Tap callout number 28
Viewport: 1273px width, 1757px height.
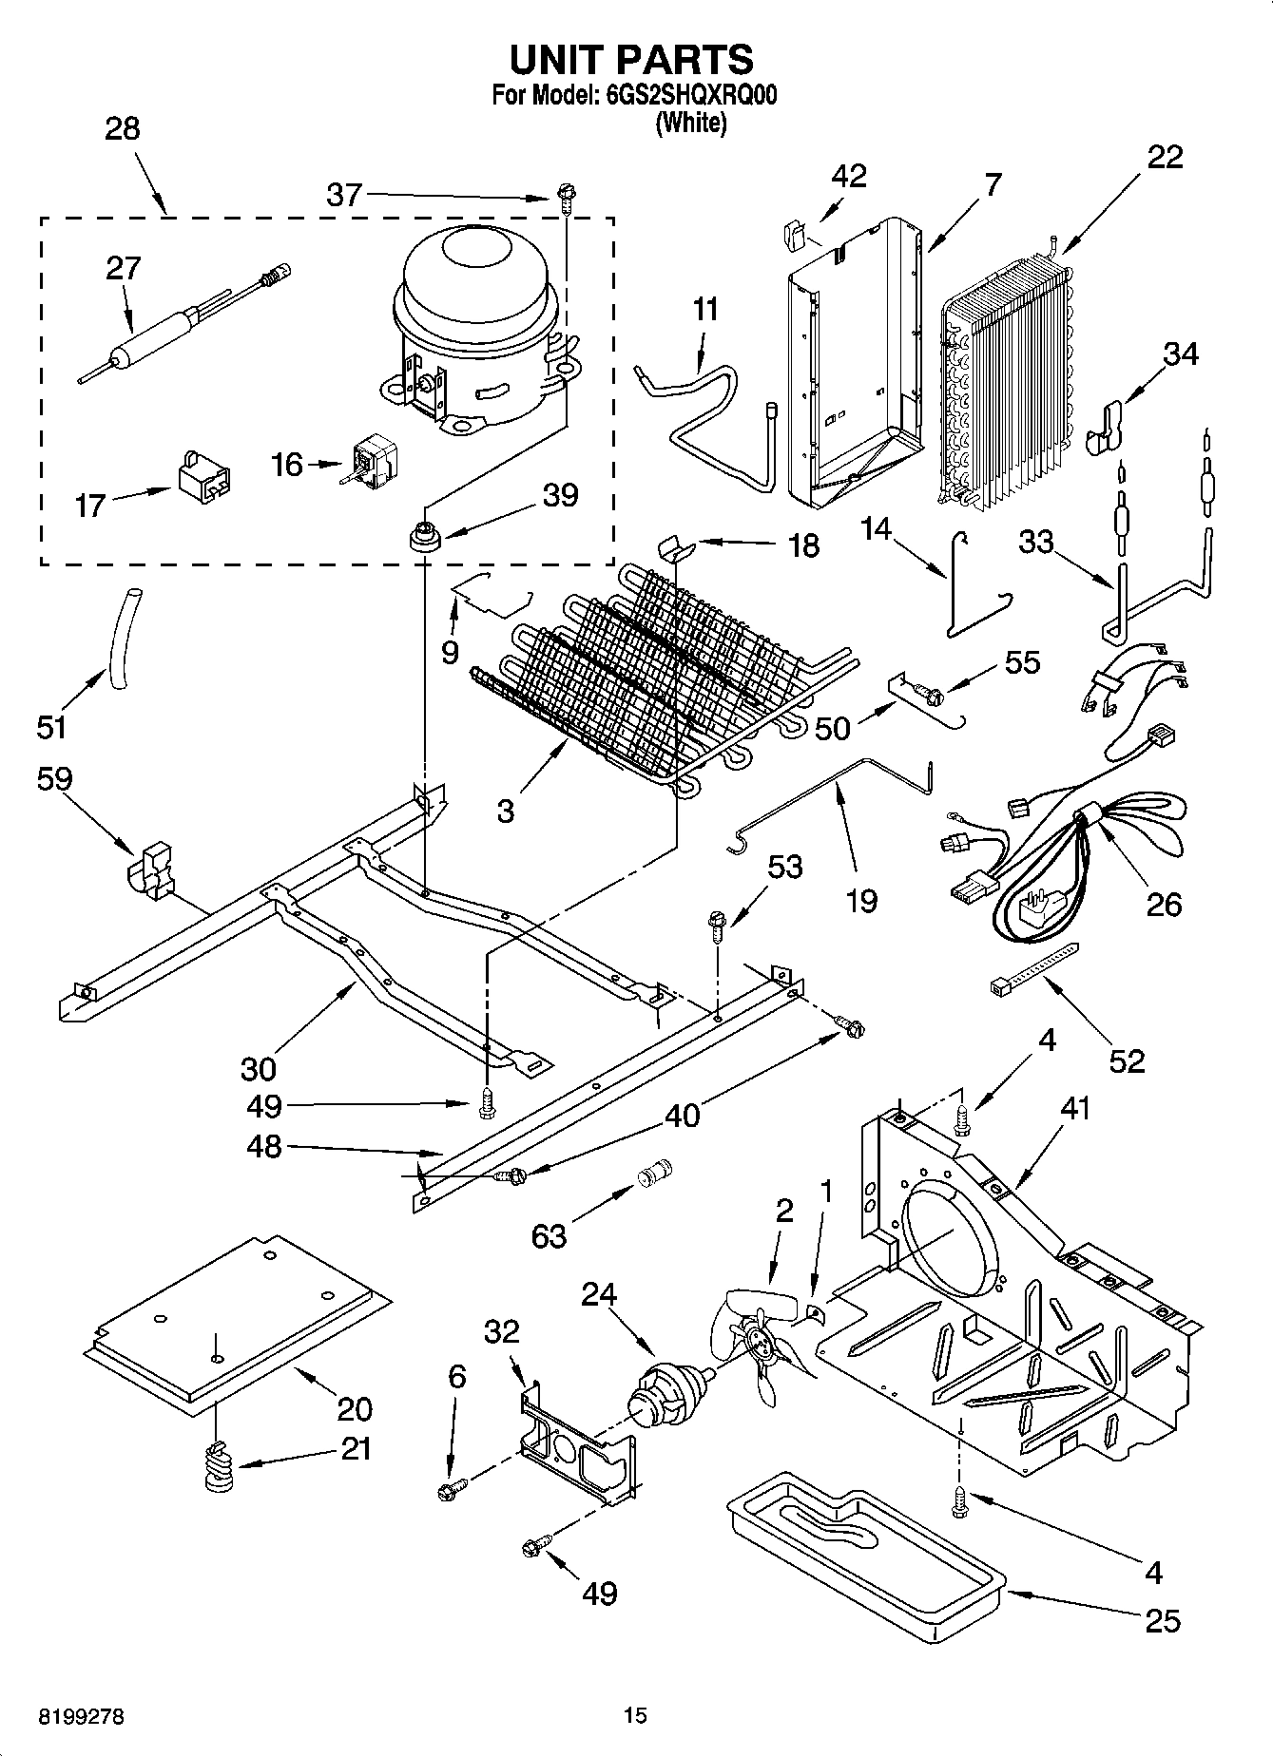point(122,129)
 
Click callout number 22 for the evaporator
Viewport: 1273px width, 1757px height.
point(1165,158)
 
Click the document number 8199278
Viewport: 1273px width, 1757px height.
point(82,1717)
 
